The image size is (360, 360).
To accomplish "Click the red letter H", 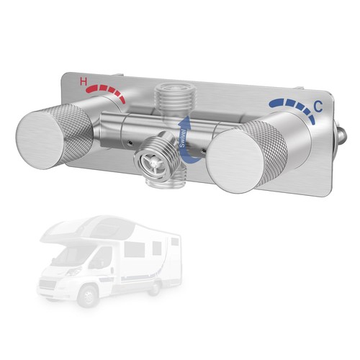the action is click(x=84, y=82).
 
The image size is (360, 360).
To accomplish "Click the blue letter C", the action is click(x=318, y=107).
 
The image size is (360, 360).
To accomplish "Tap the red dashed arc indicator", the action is click(x=106, y=92).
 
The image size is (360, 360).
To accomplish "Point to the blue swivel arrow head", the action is click(x=184, y=122).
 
